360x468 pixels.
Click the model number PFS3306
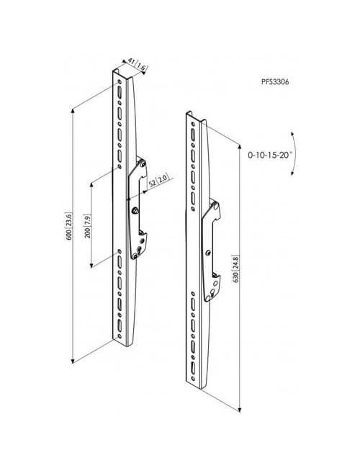[x=275, y=82]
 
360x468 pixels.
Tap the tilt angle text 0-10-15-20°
[x=270, y=155]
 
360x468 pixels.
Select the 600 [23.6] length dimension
[x=68, y=226]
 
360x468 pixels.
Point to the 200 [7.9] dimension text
[x=87, y=226]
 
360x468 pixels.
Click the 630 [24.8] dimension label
[x=235, y=269]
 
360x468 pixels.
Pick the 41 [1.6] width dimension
[x=136, y=65]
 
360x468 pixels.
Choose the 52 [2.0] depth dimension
[x=158, y=181]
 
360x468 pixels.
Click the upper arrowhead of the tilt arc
[x=292, y=134]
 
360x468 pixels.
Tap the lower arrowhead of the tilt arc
[x=293, y=173]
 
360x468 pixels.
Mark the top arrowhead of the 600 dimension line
[x=73, y=111]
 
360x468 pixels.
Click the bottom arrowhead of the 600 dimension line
[x=73, y=361]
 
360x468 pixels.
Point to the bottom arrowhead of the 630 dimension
[x=240, y=410]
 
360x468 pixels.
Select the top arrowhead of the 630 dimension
[x=240, y=146]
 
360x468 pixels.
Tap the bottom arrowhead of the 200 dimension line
[x=91, y=265]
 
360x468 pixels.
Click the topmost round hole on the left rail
[x=120, y=82]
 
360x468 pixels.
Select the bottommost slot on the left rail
[x=120, y=325]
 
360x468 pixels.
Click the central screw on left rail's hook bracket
[x=135, y=210]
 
